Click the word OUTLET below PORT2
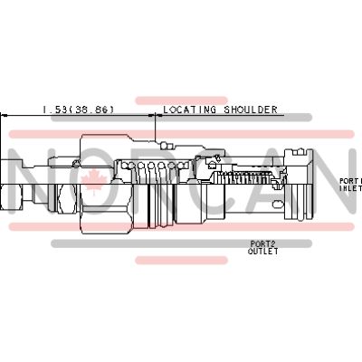pos(263,252)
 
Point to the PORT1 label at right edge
pos(350,181)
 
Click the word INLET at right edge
pos(351,189)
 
